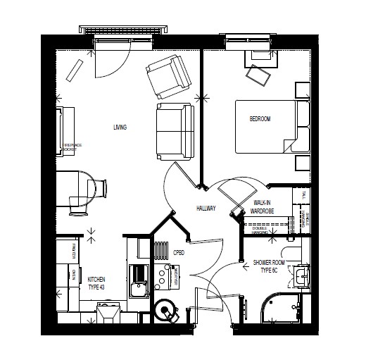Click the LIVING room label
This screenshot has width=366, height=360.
coord(120,128)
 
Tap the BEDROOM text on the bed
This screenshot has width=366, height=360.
coord(260,119)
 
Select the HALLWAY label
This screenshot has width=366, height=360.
coord(206,209)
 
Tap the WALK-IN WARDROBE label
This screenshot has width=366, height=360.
coord(262,206)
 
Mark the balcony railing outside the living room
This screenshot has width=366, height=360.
coord(122,29)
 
